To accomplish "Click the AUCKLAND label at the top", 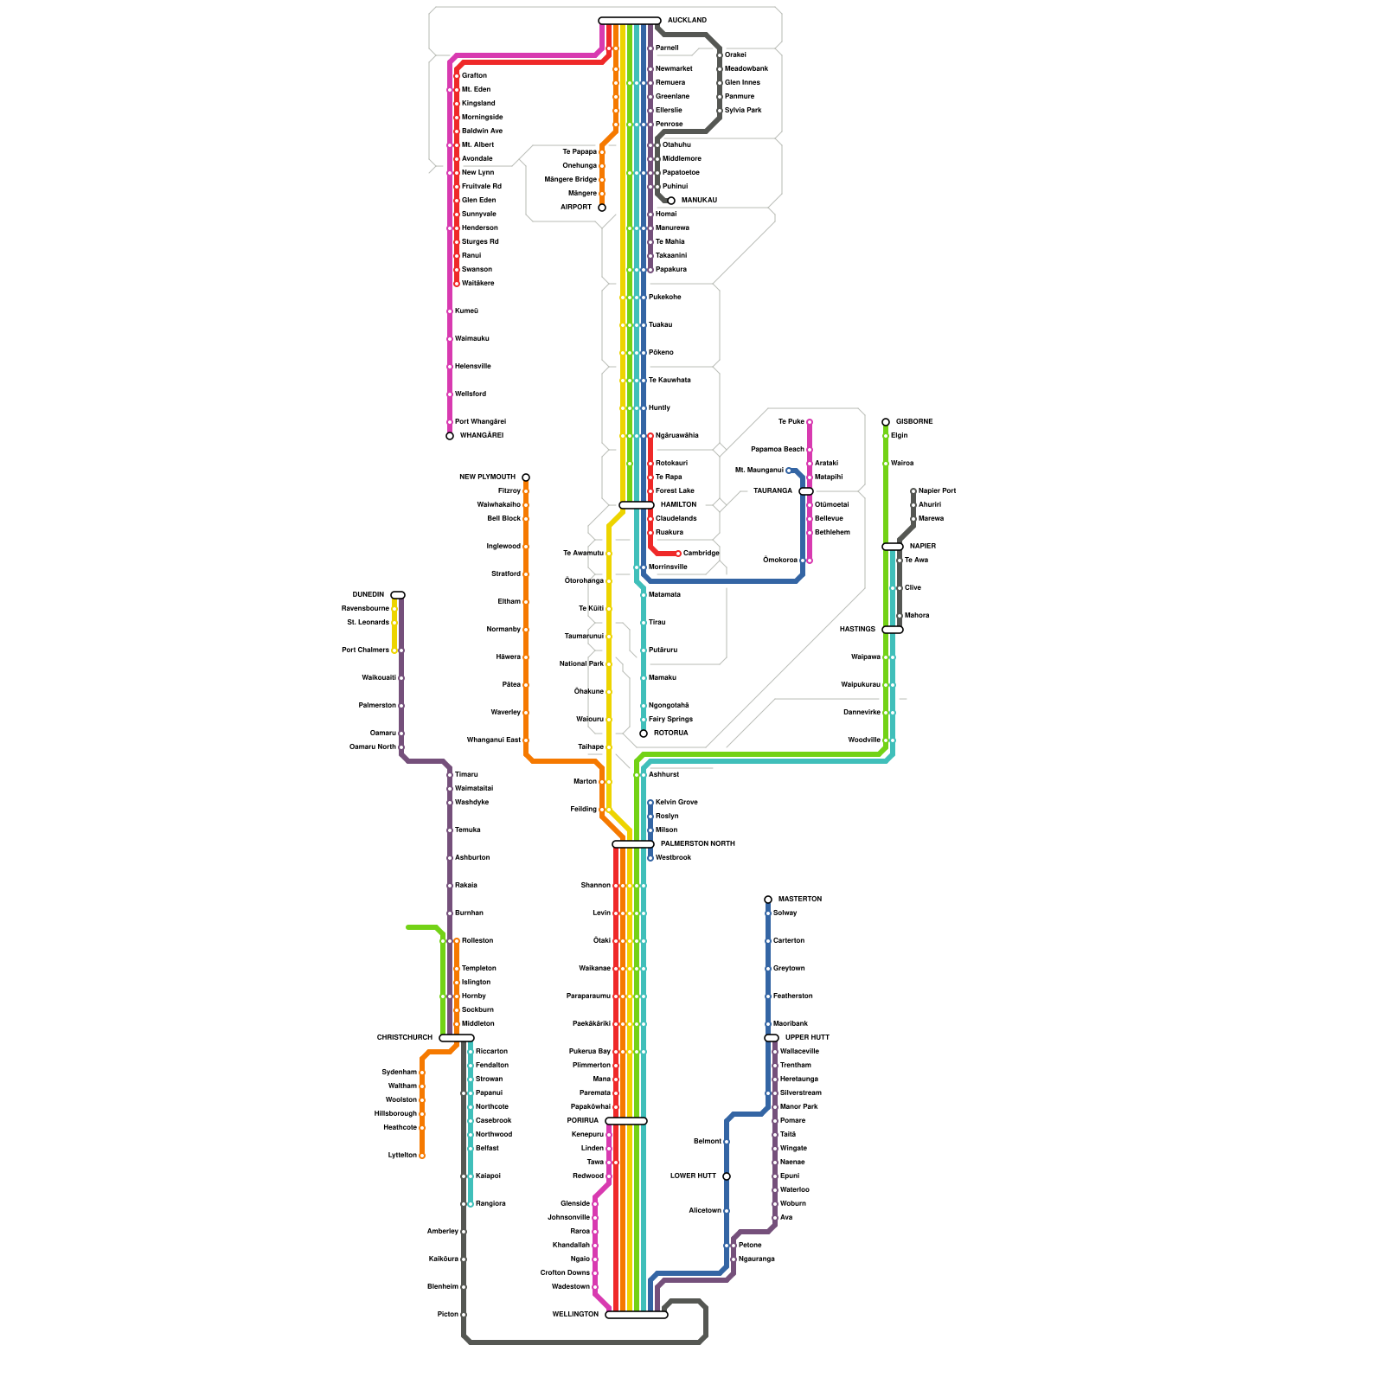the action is pos(687,20).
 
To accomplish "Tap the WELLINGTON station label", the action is pos(575,1314).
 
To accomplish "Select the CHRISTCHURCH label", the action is pos(404,1037).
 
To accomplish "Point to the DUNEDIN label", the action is pos(368,594).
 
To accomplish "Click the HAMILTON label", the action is pos(678,504).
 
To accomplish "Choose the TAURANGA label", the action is pos(772,490).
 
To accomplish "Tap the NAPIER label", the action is pos(922,546).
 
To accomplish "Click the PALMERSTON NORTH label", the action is pos(697,843).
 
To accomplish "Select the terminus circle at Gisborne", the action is pos(886,422).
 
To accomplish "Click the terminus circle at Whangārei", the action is pos(450,436).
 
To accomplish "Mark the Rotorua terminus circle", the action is pos(644,734).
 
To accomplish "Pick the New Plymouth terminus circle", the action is pos(526,477).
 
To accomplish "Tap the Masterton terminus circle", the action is pos(768,900).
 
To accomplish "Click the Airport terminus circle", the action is pos(602,208).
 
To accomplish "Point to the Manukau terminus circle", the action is pos(671,201).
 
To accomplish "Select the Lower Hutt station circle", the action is pos(727,1176).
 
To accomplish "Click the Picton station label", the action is pos(447,1314).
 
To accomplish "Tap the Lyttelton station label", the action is pos(402,1155).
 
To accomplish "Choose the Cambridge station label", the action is pos(701,553).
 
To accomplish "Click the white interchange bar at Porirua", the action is pos(626,1121).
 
